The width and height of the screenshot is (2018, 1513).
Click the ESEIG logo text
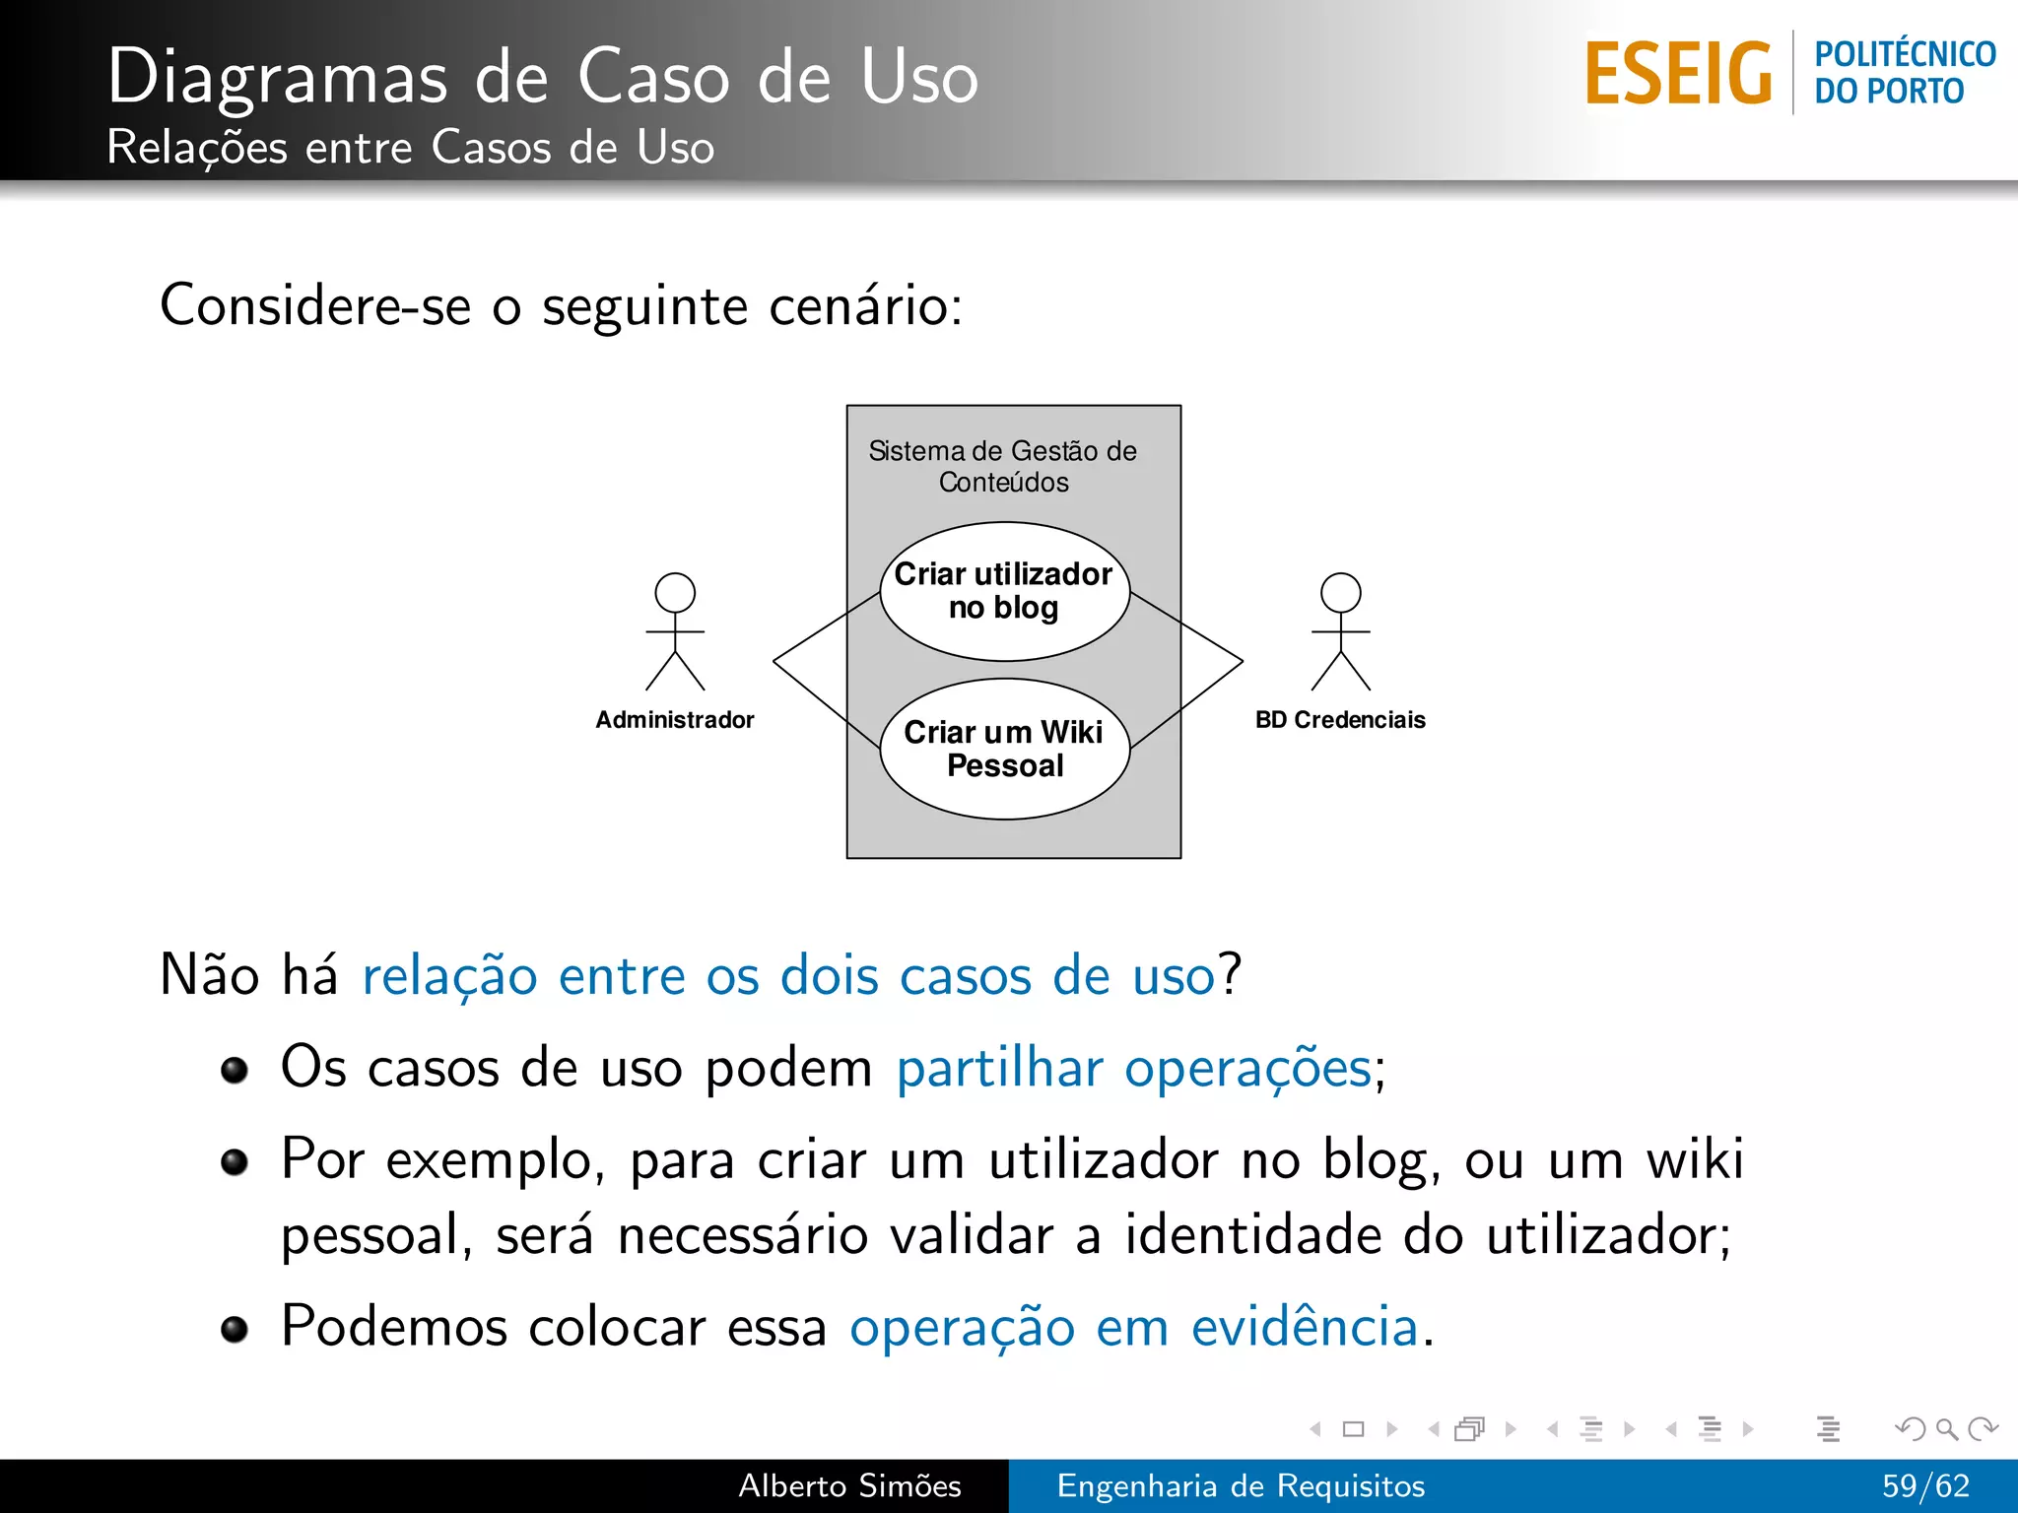[1678, 73]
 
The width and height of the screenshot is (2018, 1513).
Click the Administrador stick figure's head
[675, 593]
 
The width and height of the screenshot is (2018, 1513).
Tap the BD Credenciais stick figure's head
[1340, 593]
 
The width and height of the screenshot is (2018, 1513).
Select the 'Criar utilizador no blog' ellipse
[1004, 591]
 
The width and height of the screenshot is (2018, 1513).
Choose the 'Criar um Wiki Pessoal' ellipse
[1004, 749]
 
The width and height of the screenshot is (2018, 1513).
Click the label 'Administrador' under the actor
[675, 720]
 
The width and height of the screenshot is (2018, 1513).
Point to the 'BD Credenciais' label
[1340, 720]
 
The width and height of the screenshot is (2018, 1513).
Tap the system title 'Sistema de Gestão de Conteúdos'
[1003, 466]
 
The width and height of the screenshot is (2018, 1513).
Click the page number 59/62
[1925, 1485]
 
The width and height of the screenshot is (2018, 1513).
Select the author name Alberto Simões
[849, 1485]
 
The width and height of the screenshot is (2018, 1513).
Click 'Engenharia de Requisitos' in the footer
[1241, 1485]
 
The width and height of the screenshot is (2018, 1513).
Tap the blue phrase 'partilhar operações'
[1133, 1069]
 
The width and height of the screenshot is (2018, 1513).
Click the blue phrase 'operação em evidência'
[1133, 1327]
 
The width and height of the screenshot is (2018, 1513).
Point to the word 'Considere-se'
[315, 305]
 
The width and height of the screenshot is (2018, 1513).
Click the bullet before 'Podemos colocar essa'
[235, 1330]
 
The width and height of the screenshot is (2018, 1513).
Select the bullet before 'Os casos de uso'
[235, 1070]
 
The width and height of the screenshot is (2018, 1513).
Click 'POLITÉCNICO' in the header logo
[1905, 54]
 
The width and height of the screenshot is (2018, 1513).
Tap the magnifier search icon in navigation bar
[1946, 1428]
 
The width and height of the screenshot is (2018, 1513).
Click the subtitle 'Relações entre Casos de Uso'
[410, 148]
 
